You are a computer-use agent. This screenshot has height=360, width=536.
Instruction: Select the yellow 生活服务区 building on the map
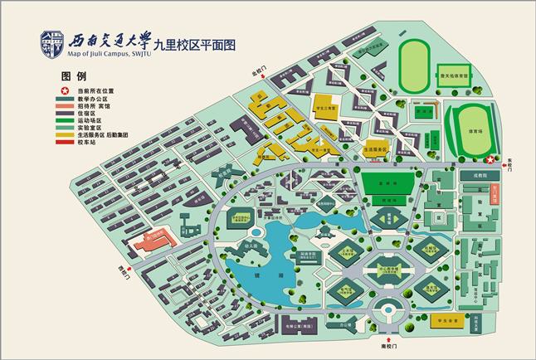pyautogui.click(x=378, y=151)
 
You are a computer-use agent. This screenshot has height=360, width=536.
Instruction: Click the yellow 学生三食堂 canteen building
pyautogui.click(x=326, y=107)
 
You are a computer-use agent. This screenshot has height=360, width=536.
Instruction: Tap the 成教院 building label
pyautogui.click(x=481, y=176)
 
